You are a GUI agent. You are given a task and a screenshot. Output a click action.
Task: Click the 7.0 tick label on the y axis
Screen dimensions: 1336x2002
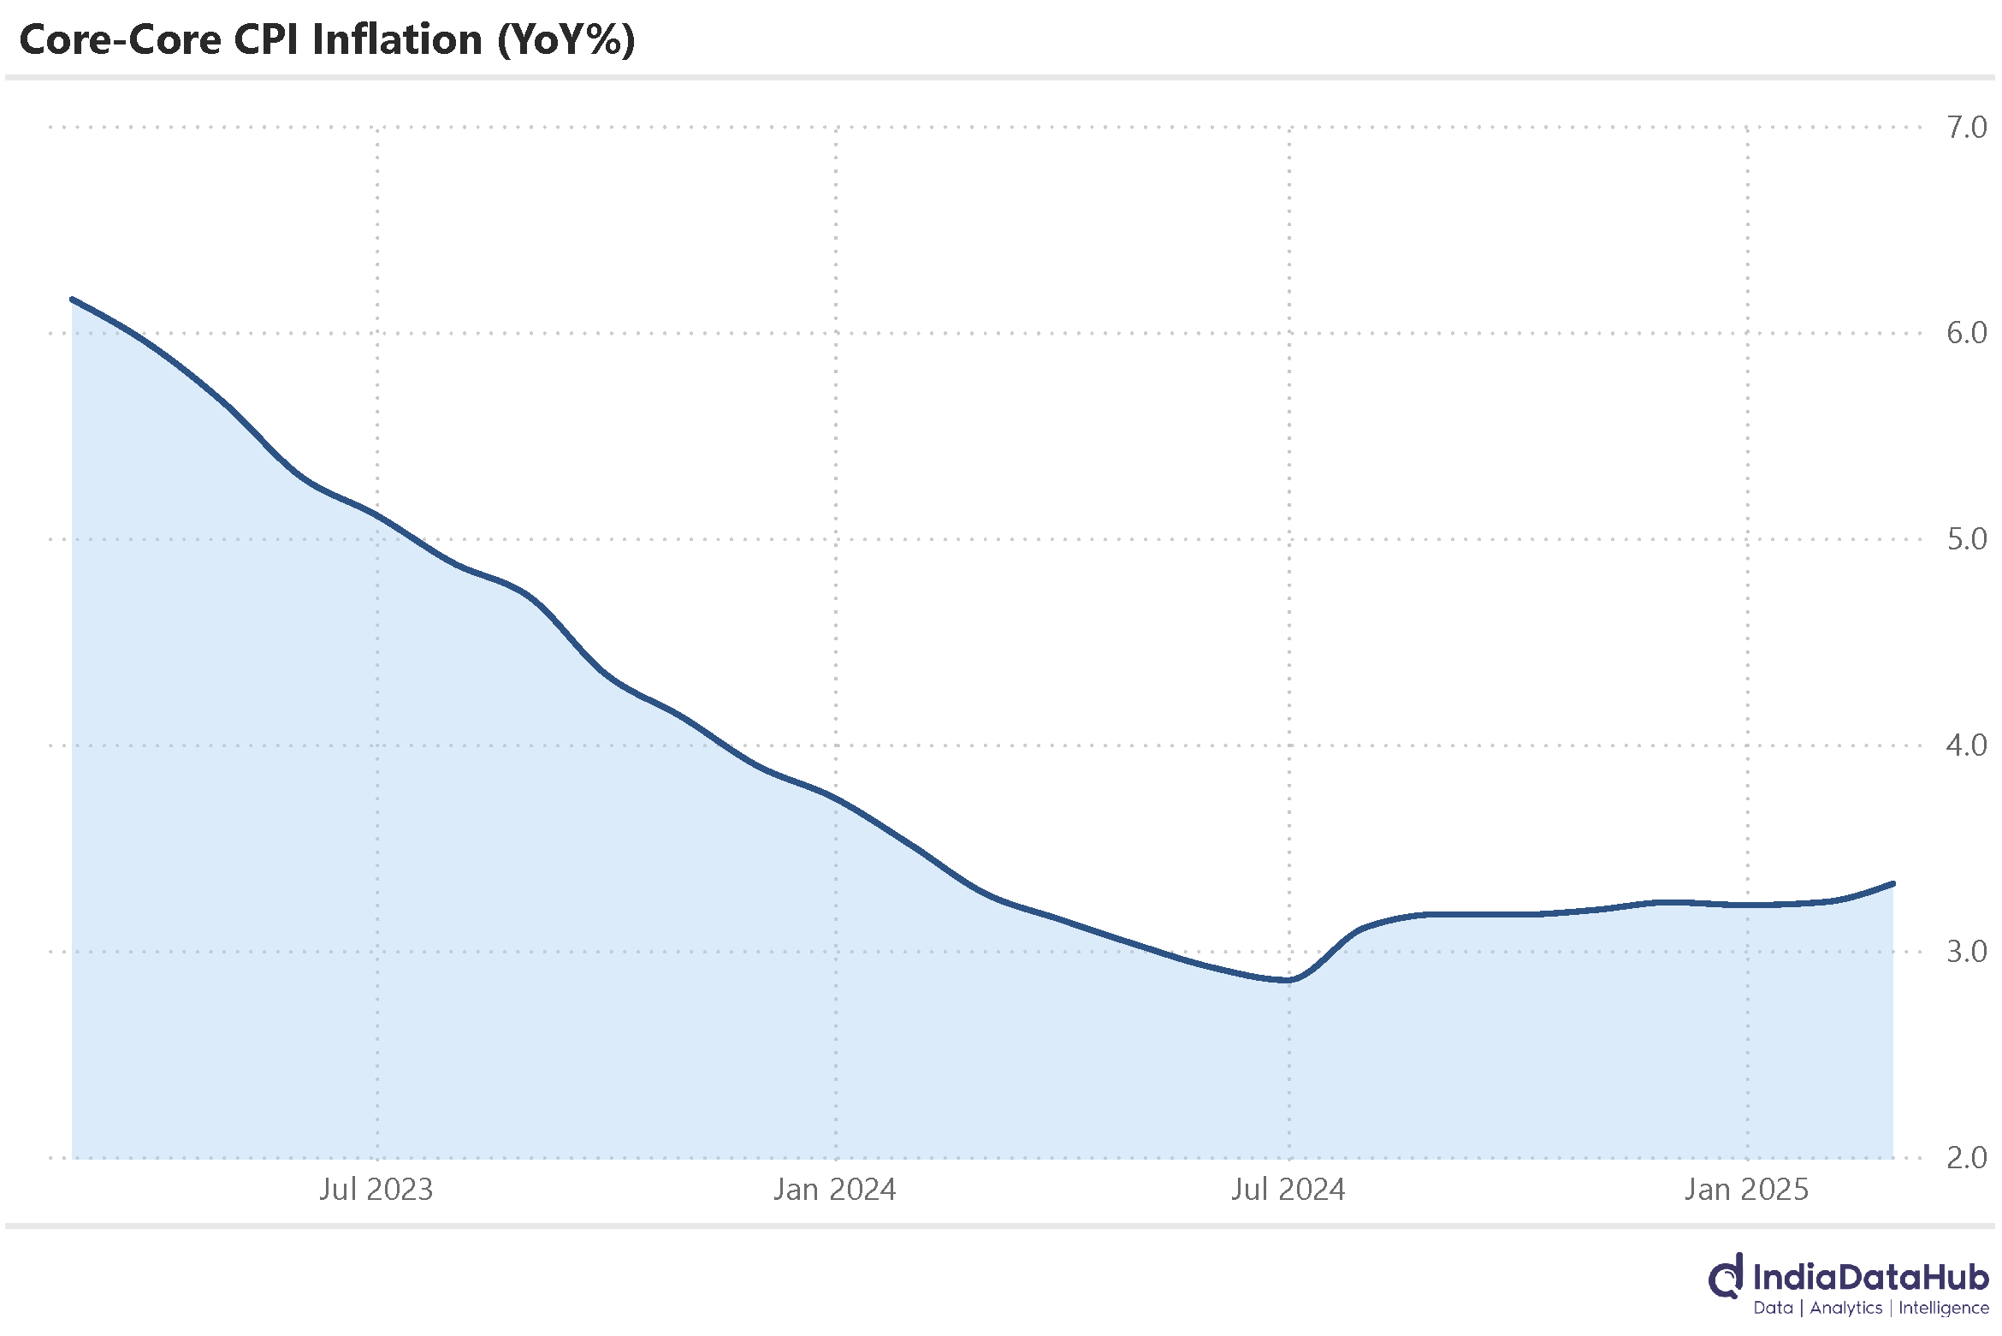point(1965,128)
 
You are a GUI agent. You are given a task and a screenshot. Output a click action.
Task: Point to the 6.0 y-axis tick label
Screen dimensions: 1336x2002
point(1965,333)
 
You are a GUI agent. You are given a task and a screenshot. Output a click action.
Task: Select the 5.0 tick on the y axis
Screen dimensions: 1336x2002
point(1965,539)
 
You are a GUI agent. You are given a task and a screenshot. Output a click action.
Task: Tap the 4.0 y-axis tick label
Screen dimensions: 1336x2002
point(1965,745)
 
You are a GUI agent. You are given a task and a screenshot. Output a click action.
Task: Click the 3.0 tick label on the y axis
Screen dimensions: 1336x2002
point(1965,952)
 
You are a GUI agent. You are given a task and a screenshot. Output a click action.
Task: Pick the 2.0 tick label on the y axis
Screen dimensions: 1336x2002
point(1965,1158)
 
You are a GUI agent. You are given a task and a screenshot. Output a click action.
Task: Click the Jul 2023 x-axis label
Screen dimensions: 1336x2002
point(376,1190)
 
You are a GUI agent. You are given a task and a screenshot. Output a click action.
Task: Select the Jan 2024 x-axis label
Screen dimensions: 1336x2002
point(834,1190)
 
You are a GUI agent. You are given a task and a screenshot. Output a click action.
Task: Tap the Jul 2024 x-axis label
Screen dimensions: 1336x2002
point(1288,1190)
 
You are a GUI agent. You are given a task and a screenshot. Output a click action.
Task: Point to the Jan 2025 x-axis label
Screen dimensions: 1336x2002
point(1746,1190)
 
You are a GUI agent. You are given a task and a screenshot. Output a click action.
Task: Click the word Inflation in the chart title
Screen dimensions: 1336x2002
point(397,40)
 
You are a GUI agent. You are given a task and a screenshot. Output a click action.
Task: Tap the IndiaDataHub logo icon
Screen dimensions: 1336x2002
point(1726,1279)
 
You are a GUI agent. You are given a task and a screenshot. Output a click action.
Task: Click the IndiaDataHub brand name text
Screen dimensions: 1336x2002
point(1870,1278)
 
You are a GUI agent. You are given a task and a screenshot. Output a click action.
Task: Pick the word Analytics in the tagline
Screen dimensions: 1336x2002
point(1845,1309)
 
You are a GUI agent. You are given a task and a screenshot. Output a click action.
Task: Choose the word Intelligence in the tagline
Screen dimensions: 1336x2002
point(1944,1309)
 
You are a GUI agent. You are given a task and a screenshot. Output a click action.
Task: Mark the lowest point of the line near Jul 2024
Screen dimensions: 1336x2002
point(1288,981)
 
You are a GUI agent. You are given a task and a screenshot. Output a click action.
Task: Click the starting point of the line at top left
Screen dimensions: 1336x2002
point(72,300)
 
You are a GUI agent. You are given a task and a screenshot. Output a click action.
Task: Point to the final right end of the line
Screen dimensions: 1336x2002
point(1893,883)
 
